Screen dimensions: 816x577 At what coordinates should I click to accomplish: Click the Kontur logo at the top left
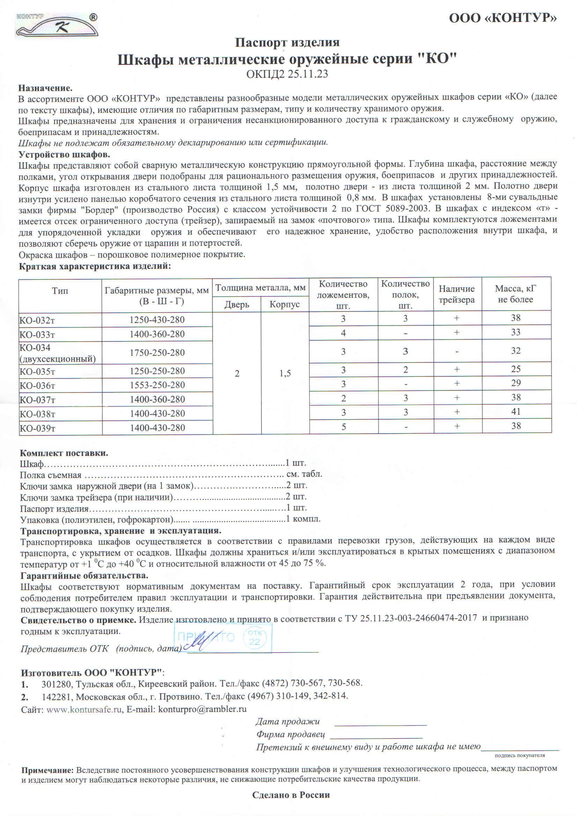tap(56, 25)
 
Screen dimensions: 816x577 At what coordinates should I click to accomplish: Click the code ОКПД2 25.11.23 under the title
tap(287, 74)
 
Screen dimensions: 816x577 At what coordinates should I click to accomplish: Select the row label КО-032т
tap(37, 320)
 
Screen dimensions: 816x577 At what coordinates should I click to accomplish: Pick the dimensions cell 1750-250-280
tap(157, 353)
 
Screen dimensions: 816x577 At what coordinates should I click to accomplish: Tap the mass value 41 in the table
tap(516, 412)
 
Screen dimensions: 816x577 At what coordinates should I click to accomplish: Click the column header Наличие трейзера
tap(457, 294)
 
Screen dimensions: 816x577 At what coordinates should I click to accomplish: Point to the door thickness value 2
tap(237, 373)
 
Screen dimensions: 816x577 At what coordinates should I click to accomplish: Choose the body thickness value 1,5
tap(285, 373)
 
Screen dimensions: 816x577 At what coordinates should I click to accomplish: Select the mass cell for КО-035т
tap(516, 369)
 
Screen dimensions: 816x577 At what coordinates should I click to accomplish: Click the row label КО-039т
tap(37, 428)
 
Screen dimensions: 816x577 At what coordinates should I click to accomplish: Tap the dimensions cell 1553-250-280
tap(157, 385)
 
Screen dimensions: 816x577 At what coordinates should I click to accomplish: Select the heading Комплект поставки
tap(64, 453)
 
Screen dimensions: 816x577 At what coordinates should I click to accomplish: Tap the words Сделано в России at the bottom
tap(291, 795)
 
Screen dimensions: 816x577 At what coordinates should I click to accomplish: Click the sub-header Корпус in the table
tap(284, 304)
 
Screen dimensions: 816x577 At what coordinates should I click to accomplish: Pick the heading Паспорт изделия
tap(287, 43)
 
